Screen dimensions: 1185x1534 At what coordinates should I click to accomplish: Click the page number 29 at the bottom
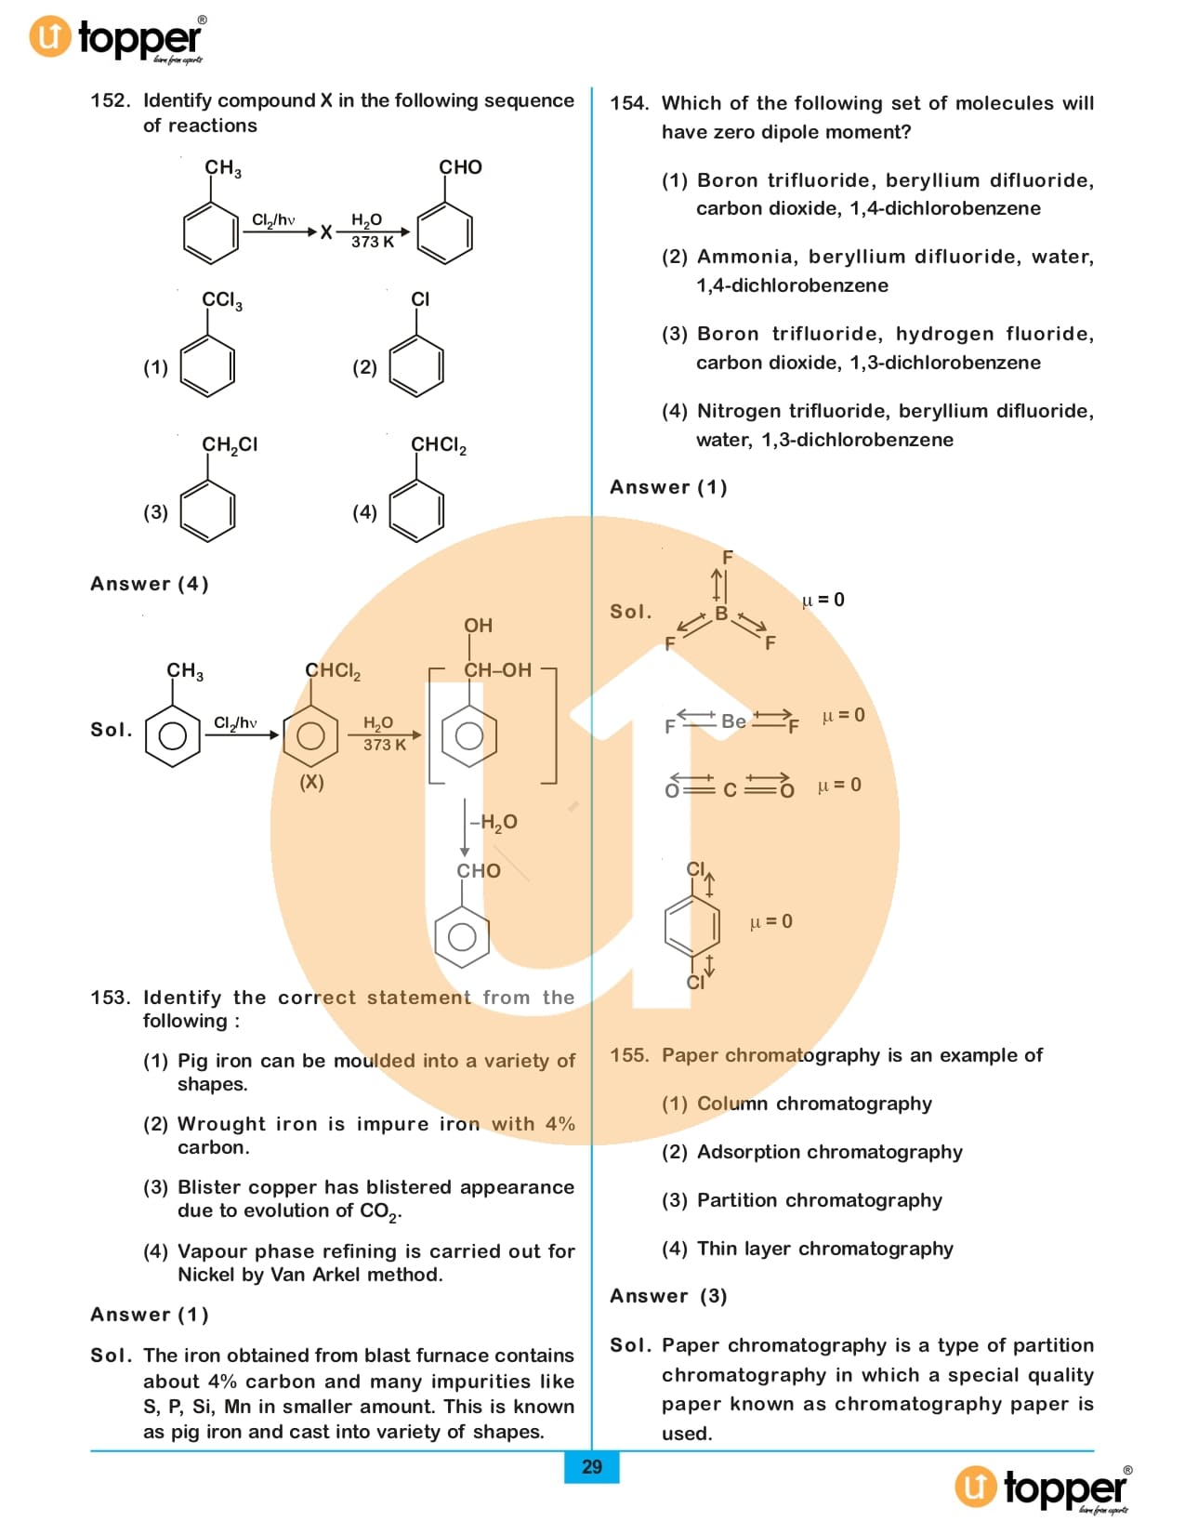pyautogui.click(x=591, y=1467)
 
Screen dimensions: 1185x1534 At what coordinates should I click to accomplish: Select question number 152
pyautogui.click(x=110, y=101)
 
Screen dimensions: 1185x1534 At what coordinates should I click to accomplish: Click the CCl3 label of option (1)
pyautogui.click(x=221, y=300)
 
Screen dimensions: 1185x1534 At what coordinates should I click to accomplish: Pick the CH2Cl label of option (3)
pyautogui.click(x=230, y=445)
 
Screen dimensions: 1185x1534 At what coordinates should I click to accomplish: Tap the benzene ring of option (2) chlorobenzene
pyautogui.click(x=416, y=365)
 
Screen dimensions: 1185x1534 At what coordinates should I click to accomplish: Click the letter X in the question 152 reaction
pyautogui.click(x=326, y=232)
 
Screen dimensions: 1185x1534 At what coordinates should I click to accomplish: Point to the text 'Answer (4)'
pyautogui.click(x=150, y=584)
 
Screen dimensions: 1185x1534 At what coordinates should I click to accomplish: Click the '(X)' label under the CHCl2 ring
pyautogui.click(x=311, y=782)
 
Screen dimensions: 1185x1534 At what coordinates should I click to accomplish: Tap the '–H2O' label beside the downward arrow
pyautogui.click(x=494, y=823)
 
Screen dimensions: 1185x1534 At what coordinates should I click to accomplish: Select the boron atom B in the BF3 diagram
pyautogui.click(x=720, y=614)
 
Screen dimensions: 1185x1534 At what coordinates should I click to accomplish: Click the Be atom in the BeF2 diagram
pyautogui.click(x=733, y=721)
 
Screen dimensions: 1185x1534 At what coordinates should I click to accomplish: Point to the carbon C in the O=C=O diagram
pyautogui.click(x=730, y=790)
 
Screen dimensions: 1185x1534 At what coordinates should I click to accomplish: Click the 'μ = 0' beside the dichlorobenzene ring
pyautogui.click(x=770, y=921)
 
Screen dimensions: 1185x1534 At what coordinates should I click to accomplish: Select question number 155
pyautogui.click(x=629, y=1055)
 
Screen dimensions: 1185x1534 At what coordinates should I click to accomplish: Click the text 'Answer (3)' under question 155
pyautogui.click(x=668, y=1296)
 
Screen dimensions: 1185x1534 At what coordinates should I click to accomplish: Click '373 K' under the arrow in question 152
pyautogui.click(x=373, y=242)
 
